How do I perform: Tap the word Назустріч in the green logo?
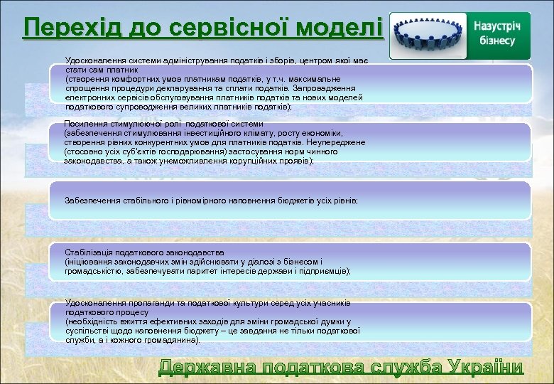click(x=497, y=26)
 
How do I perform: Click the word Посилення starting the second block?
click(x=83, y=124)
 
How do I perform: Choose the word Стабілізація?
click(x=87, y=252)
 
